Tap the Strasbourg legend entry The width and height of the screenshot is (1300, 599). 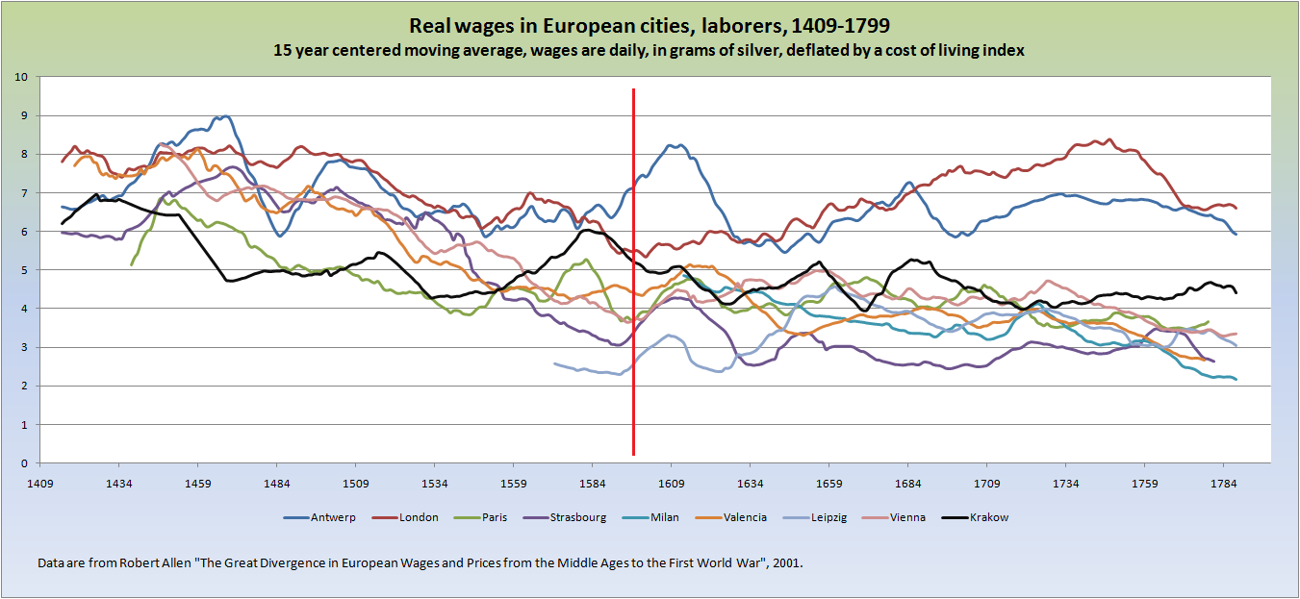click(x=577, y=517)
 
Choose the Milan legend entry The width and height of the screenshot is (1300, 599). click(x=663, y=517)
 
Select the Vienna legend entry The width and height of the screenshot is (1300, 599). click(x=907, y=517)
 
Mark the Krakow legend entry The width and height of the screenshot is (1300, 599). click(x=988, y=517)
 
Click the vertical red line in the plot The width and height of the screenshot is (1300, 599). click(x=633, y=288)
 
